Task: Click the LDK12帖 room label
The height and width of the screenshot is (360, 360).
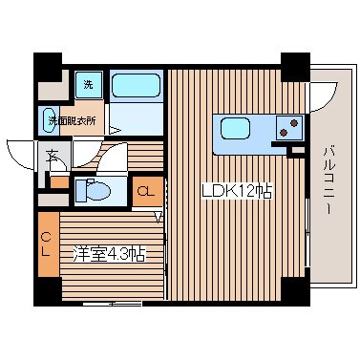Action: click(x=237, y=191)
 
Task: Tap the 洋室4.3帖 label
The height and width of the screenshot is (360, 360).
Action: click(x=109, y=254)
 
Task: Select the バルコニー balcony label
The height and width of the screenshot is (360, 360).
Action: click(x=329, y=180)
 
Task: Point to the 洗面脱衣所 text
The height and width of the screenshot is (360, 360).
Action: click(x=73, y=121)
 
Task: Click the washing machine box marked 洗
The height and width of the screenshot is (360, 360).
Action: click(x=89, y=85)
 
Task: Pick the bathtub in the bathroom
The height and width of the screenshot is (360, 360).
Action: click(x=136, y=85)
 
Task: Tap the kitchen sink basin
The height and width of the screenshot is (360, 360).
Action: click(x=235, y=128)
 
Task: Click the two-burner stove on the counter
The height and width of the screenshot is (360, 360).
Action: click(x=289, y=128)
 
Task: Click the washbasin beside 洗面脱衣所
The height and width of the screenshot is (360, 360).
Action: click(x=49, y=120)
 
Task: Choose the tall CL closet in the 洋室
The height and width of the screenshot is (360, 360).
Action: click(x=49, y=244)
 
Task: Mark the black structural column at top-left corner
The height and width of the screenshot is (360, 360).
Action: click(x=48, y=68)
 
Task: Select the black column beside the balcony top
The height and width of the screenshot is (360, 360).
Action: click(x=295, y=67)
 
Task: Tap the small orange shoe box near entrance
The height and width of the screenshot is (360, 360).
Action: click(x=59, y=182)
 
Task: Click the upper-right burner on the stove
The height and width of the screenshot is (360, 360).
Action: click(x=294, y=122)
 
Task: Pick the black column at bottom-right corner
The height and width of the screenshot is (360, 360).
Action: click(x=295, y=292)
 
